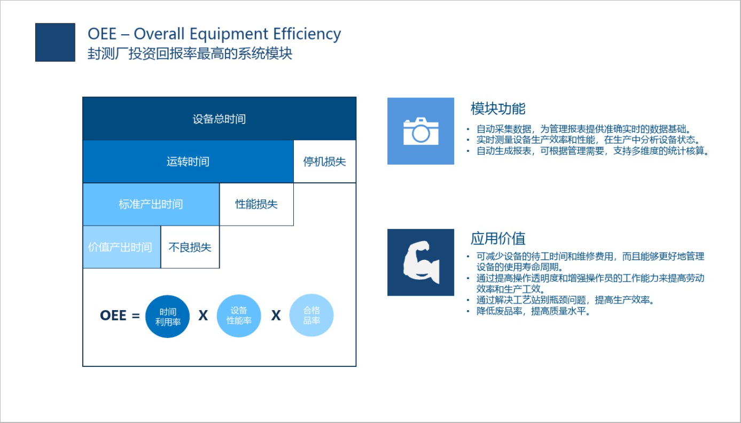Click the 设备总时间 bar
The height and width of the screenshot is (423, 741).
(219, 119)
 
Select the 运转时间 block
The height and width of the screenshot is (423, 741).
(188, 161)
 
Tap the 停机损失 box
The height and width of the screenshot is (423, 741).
(325, 161)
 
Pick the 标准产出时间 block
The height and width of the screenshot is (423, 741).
(151, 204)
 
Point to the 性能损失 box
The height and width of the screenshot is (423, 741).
(256, 204)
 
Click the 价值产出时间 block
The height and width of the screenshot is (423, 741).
(121, 247)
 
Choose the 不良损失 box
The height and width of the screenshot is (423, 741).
(190, 247)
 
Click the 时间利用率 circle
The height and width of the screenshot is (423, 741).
(167, 316)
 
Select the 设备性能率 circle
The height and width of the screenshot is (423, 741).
(239, 316)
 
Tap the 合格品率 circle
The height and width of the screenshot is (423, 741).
(311, 316)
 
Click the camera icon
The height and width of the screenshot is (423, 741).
(420, 131)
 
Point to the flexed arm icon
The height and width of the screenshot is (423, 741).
(420, 263)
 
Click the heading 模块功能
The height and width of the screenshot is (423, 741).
(498, 109)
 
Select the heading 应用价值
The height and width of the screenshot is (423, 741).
(498, 238)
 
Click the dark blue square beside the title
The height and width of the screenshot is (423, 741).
(55, 42)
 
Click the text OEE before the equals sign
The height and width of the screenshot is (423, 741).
(113, 316)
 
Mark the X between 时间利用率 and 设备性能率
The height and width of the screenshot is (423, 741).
(203, 316)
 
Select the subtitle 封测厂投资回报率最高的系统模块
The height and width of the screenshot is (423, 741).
(190, 53)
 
